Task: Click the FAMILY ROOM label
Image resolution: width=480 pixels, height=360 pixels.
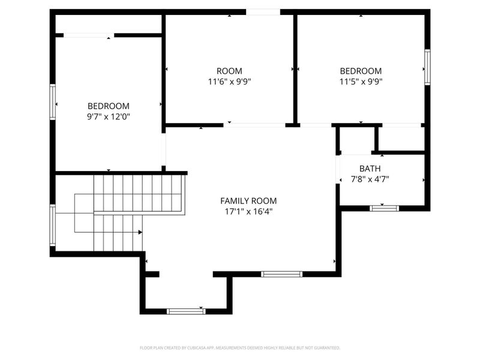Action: coord(248,200)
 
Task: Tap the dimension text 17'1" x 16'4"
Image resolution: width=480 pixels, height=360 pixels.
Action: coord(248,211)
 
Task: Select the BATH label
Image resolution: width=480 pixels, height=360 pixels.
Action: coord(370,169)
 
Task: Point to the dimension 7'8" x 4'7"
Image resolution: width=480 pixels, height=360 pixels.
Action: coord(370,179)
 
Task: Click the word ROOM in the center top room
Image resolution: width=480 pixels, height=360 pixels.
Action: coord(229,70)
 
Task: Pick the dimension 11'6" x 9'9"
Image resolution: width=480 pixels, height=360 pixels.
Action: coord(229,81)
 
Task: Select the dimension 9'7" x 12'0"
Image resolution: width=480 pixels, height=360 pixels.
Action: coord(109,116)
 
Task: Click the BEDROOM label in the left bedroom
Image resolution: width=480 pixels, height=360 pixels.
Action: coord(109,106)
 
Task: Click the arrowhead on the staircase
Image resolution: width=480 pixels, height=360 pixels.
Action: coord(140,232)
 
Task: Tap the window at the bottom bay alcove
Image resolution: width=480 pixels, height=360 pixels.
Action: coord(186,311)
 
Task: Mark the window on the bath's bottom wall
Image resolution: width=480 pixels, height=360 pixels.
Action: coord(384,208)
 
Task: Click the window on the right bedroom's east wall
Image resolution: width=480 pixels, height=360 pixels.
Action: coord(427,67)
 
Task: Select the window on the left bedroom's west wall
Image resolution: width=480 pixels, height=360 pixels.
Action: coord(53,102)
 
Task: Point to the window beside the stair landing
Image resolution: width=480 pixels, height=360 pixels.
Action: coord(53,226)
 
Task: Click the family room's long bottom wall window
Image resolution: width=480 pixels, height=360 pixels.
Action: coord(281,274)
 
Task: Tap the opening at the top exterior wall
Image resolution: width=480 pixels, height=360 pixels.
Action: coord(263,11)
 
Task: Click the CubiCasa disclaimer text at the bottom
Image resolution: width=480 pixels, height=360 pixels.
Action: coord(240,347)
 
